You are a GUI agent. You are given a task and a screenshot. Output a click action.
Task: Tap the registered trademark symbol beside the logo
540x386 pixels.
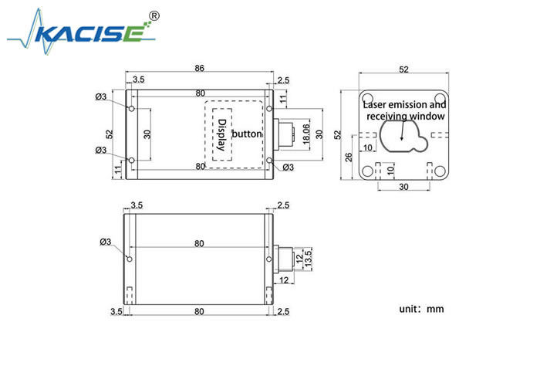154,15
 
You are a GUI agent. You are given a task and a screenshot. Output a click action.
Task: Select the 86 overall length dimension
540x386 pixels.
200,69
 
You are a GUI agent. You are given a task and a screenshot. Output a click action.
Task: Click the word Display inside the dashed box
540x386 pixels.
222,134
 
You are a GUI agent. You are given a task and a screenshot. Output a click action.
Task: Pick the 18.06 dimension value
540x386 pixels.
305,134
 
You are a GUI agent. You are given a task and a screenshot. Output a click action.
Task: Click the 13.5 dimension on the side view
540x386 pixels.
309,256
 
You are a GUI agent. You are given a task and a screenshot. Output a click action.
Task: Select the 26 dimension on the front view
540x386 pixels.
348,157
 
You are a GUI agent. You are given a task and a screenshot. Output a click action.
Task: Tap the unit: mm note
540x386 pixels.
421,309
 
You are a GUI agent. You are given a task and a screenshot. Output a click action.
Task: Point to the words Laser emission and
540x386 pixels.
404,103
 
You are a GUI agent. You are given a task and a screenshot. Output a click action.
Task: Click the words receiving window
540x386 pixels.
406,116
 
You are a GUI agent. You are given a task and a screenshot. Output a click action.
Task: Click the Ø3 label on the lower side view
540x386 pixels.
106,242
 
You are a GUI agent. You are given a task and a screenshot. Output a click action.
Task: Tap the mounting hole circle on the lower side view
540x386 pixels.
130,258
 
